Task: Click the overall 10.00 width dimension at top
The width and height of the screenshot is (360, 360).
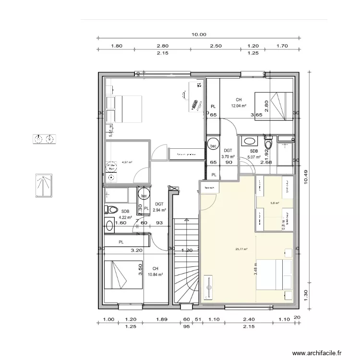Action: (199, 35)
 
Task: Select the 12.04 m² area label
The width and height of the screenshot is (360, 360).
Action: (239, 106)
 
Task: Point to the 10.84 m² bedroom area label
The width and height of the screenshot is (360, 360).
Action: (156, 275)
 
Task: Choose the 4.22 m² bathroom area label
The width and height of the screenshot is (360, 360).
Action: (126, 217)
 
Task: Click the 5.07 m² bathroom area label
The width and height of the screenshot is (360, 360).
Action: (254, 156)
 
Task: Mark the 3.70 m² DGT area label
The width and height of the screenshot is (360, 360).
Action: (228, 156)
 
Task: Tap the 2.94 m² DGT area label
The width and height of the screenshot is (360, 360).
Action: (159, 210)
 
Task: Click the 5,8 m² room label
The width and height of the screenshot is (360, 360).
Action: (275, 203)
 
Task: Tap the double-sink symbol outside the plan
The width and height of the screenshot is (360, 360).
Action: (45, 139)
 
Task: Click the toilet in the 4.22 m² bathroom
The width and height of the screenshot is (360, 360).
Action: (112, 209)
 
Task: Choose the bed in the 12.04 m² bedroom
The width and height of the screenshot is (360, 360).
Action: (274, 106)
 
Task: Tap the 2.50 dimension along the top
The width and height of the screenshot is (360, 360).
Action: (216, 46)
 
